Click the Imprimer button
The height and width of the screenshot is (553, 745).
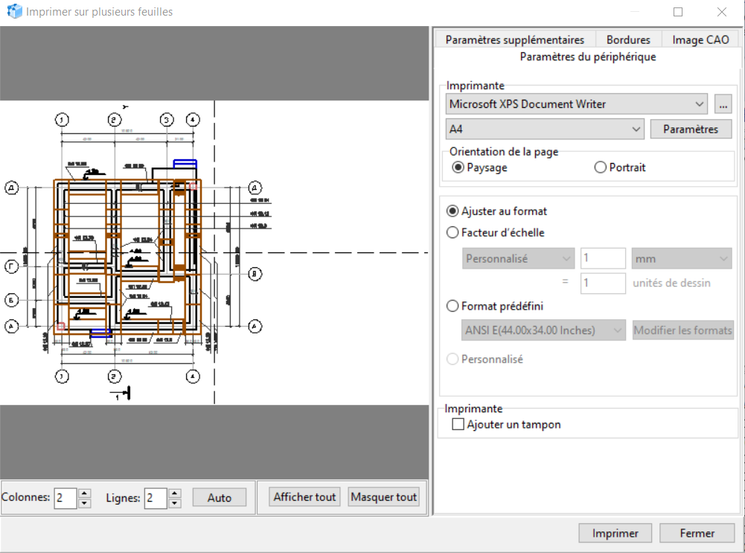coord(615,533)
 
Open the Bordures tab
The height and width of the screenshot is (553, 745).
coord(628,40)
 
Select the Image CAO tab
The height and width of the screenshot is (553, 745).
coord(700,40)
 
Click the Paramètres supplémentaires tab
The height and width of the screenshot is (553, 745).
coord(515,40)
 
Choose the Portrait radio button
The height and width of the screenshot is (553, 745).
coord(601,167)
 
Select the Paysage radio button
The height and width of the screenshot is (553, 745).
coord(458,167)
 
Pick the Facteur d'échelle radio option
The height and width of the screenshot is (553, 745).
coord(453,232)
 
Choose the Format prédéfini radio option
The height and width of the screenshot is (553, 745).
coord(453,306)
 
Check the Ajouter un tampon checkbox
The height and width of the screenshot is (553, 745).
coord(458,425)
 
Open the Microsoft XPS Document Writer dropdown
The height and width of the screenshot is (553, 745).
coord(577,104)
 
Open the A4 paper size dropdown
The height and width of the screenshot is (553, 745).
coord(545,129)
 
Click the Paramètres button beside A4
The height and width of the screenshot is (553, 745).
coord(691,129)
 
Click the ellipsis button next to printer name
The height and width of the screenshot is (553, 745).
coord(723,104)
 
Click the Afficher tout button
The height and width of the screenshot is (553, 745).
coord(305,497)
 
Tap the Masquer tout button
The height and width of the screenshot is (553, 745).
coord(384,497)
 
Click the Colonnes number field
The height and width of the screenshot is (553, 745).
coord(65,498)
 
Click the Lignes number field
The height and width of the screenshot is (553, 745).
coord(155,498)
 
